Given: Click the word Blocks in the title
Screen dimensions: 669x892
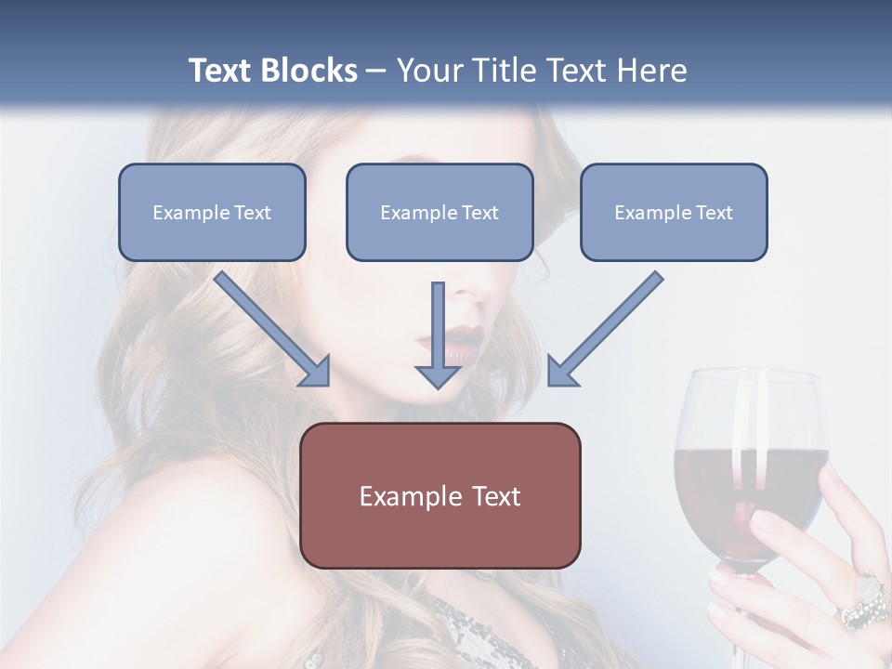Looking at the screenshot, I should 311,71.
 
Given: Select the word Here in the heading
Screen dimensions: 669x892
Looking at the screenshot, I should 649,71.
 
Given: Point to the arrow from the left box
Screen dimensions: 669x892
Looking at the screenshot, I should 272,328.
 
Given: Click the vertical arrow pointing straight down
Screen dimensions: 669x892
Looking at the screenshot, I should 438,334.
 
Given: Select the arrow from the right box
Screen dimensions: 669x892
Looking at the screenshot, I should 605,328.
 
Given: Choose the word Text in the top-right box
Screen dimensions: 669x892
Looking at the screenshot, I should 715,213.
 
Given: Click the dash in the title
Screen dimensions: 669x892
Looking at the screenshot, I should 376,72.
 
